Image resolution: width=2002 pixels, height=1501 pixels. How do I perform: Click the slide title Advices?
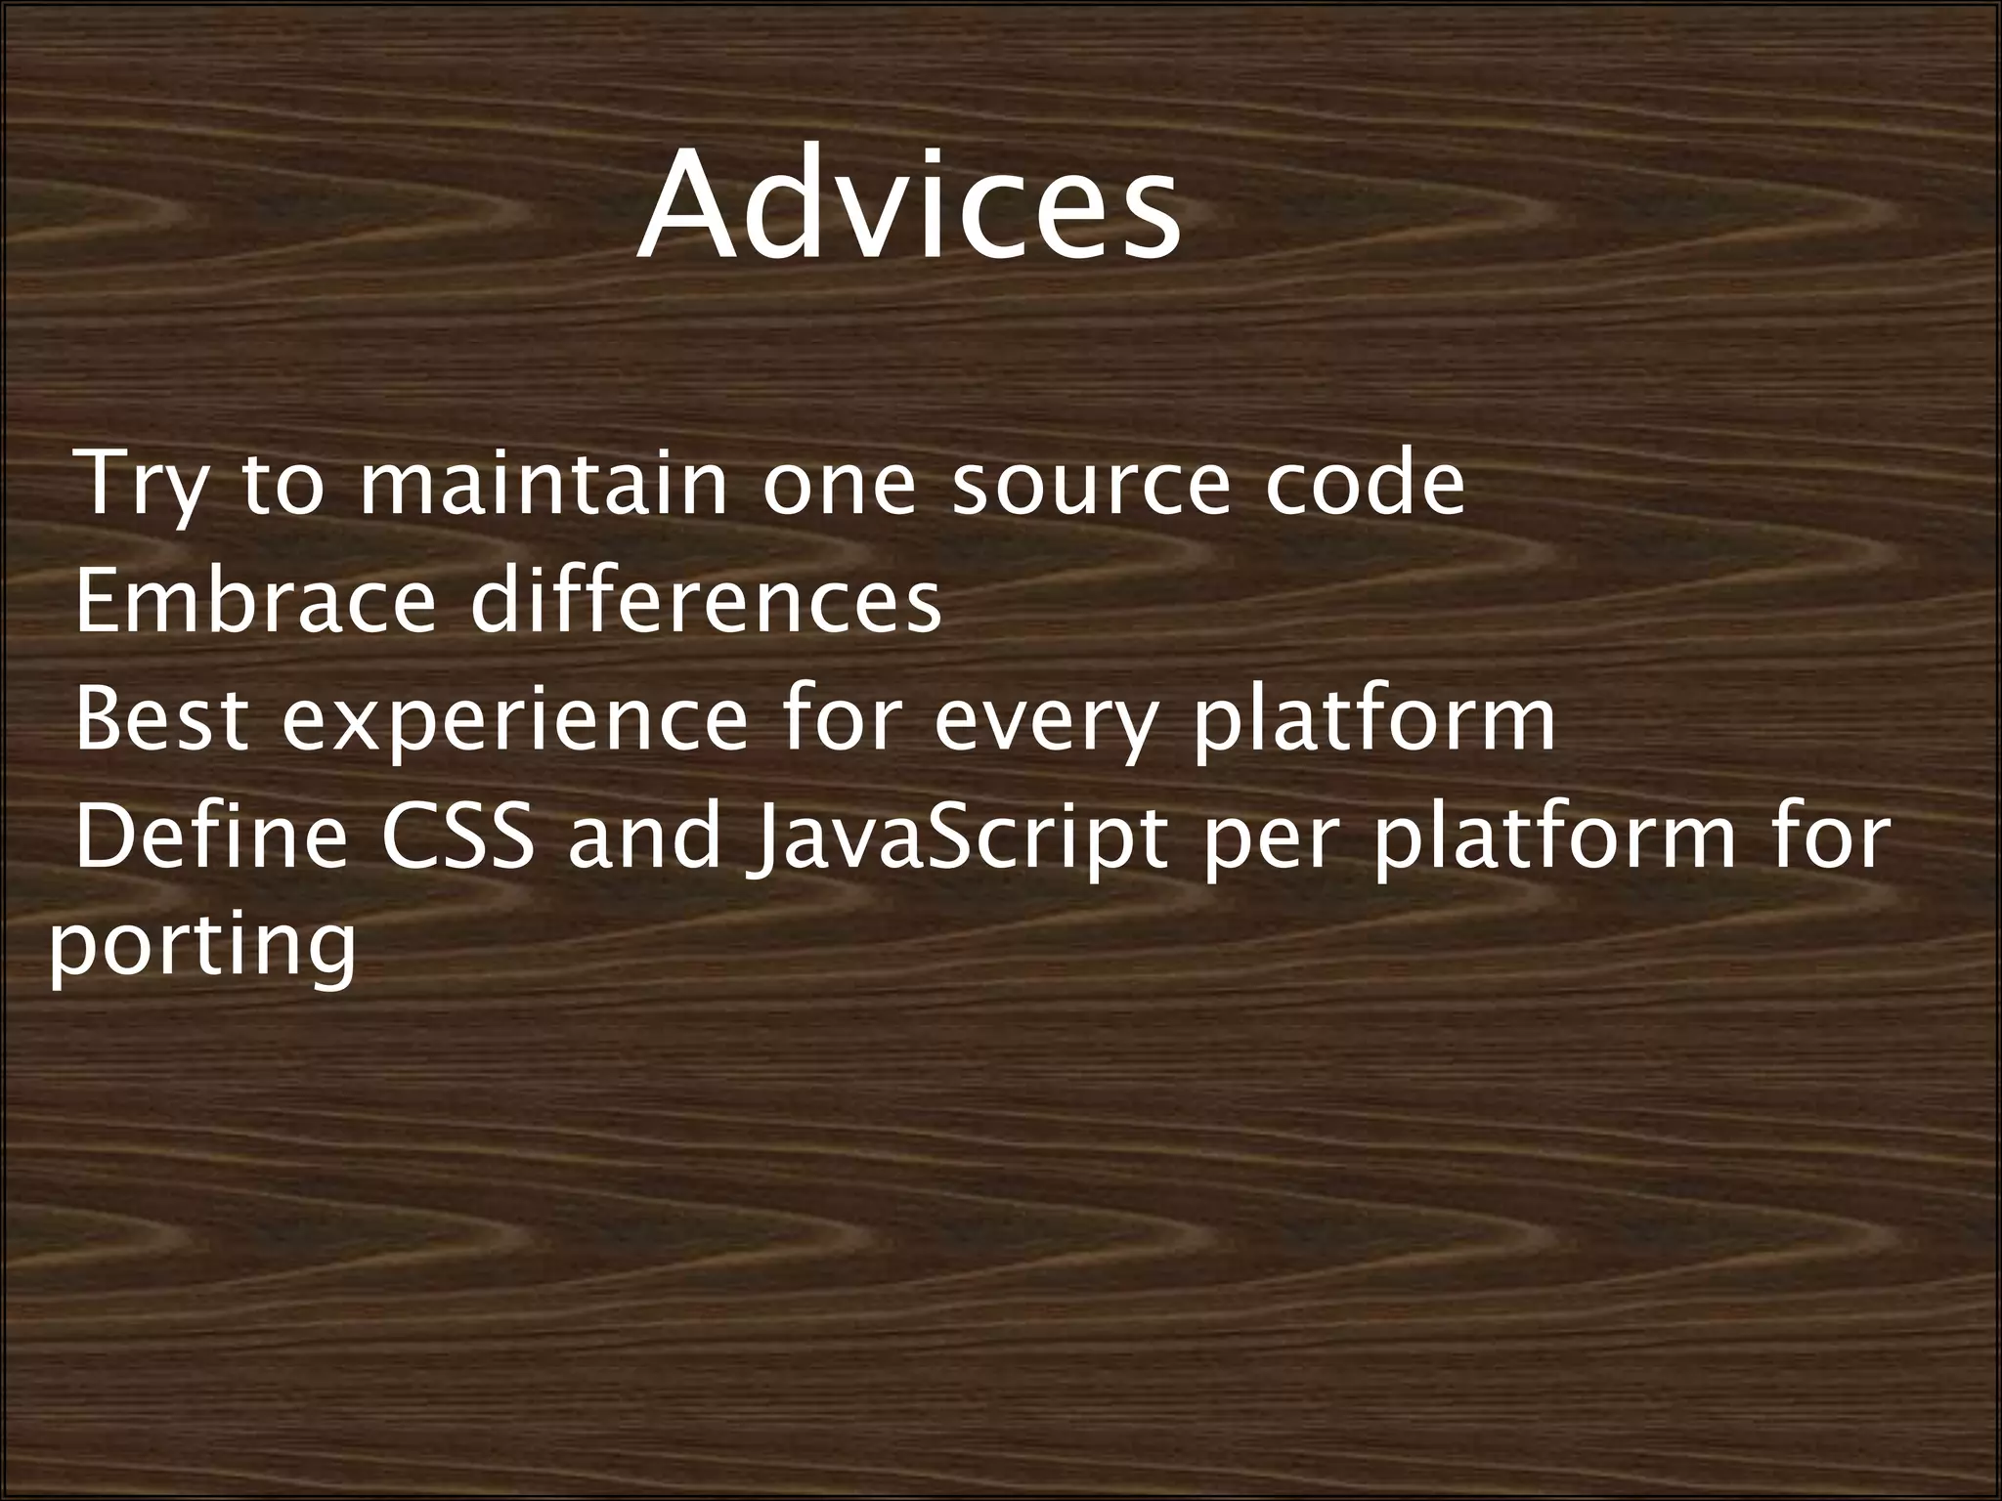click(909, 207)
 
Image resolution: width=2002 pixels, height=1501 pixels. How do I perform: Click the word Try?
click(143, 486)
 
